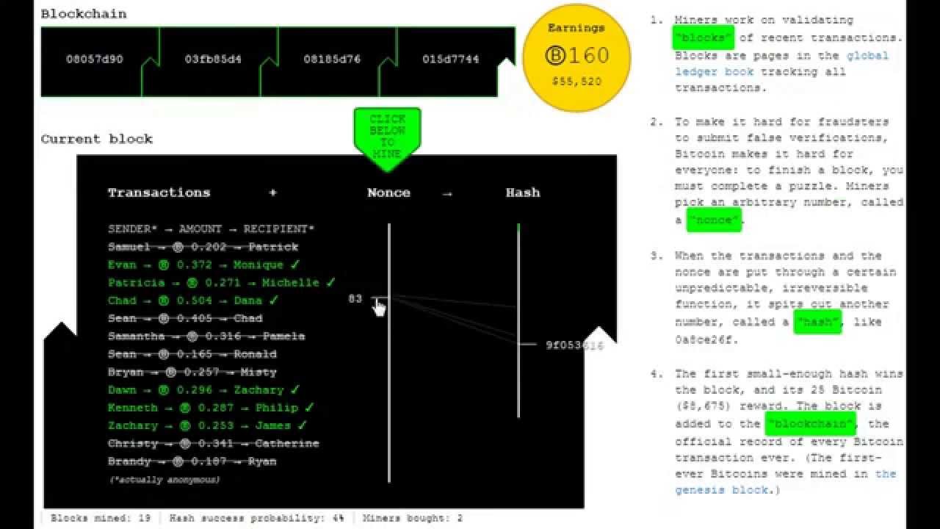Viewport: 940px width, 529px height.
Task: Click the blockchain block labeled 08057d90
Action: point(94,59)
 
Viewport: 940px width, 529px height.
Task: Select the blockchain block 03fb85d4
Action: point(213,59)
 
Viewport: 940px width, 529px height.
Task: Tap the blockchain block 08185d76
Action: point(332,59)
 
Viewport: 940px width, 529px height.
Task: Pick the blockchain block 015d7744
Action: point(450,59)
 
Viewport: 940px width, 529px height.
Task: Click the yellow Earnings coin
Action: point(576,58)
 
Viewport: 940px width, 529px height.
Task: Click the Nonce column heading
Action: point(388,192)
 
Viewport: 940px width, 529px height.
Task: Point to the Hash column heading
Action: point(522,192)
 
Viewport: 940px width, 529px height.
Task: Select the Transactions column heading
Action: point(159,192)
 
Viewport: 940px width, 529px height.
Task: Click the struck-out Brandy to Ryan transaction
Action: point(192,461)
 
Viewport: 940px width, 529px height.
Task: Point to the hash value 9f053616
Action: point(574,345)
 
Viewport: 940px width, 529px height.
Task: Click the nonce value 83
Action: point(355,299)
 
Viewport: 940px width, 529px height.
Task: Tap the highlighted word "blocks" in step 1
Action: point(703,37)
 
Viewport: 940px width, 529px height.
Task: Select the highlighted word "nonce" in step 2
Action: point(714,220)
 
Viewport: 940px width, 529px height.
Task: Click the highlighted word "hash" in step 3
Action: point(817,322)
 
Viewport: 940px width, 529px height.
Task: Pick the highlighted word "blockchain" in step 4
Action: point(810,424)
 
